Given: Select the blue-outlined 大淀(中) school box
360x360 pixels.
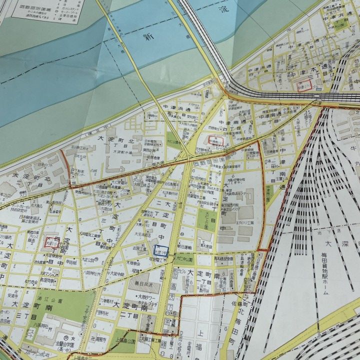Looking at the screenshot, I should coord(161,250).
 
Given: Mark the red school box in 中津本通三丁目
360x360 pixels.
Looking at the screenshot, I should coord(304,85).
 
